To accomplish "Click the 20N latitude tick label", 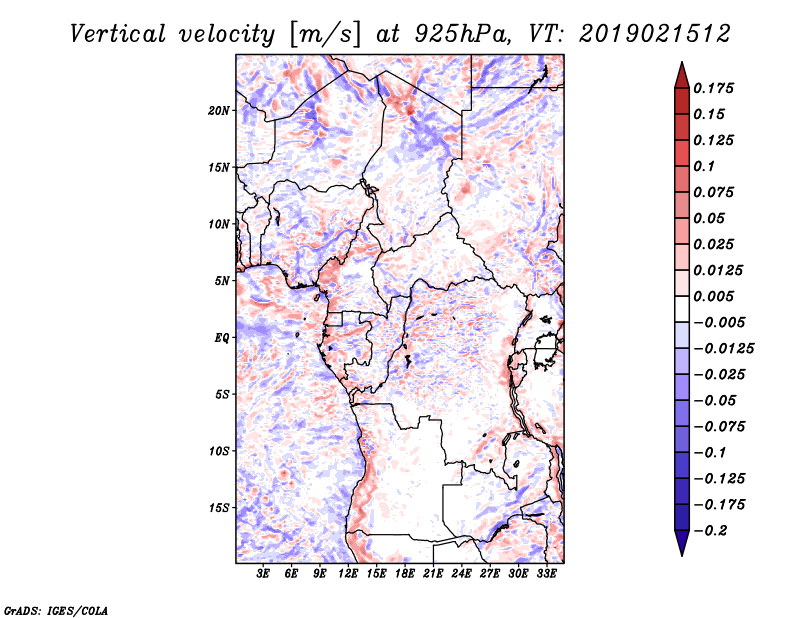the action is click(218, 111).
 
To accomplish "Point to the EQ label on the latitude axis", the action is click(221, 338).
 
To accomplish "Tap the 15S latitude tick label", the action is click(218, 508).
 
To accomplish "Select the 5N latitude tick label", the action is click(221, 281).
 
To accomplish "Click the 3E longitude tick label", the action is click(263, 574).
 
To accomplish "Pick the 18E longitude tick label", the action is click(405, 574).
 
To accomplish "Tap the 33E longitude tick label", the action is click(546, 574).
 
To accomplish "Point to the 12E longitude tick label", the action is click(348, 574).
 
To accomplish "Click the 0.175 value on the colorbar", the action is click(713, 88).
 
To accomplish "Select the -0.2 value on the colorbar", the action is click(710, 531).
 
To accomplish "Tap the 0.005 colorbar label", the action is click(713, 296).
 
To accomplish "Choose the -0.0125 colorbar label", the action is click(723, 349).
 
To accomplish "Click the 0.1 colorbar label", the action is click(704, 166).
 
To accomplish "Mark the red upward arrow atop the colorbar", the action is click(682, 76).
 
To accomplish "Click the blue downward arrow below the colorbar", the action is click(682, 543).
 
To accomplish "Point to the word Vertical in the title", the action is click(118, 34).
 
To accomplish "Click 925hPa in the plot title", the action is click(461, 34).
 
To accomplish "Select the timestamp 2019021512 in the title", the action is click(655, 34).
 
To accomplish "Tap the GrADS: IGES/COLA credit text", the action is click(56, 610).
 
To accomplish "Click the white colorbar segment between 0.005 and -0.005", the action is click(682, 309).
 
